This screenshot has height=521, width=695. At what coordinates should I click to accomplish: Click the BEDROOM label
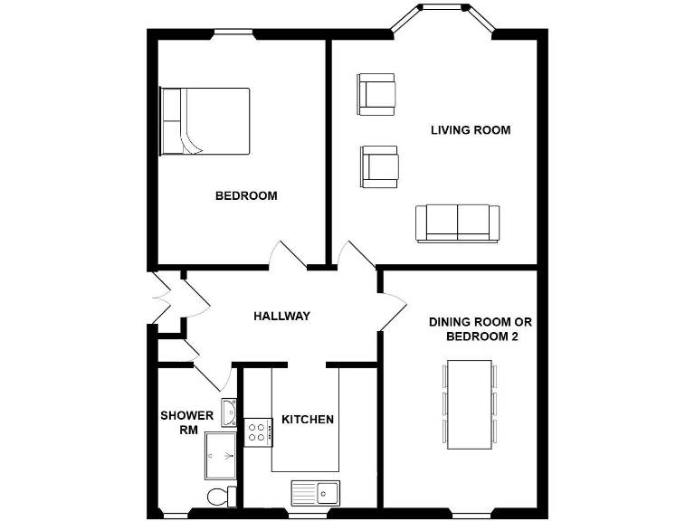(245, 195)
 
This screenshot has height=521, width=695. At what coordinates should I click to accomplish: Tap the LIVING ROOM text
(470, 130)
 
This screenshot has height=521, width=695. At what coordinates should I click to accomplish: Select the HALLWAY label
(281, 316)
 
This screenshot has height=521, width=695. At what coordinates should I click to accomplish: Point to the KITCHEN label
(308, 420)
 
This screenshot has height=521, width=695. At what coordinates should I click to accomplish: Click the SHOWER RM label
(187, 422)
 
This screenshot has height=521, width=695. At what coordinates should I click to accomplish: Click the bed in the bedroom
(205, 121)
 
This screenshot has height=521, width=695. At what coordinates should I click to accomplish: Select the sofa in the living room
(457, 223)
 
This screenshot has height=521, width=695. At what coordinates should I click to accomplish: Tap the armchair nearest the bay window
(376, 94)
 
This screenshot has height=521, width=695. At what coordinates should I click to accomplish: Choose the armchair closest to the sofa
(379, 166)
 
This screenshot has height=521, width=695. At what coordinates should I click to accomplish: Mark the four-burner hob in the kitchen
(259, 432)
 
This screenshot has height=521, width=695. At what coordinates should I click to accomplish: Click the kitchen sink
(315, 492)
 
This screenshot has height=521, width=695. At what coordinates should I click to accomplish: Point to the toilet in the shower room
(220, 496)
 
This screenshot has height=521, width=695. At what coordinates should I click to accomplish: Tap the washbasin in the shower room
(230, 412)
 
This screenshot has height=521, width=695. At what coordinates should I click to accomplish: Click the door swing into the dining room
(393, 305)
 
